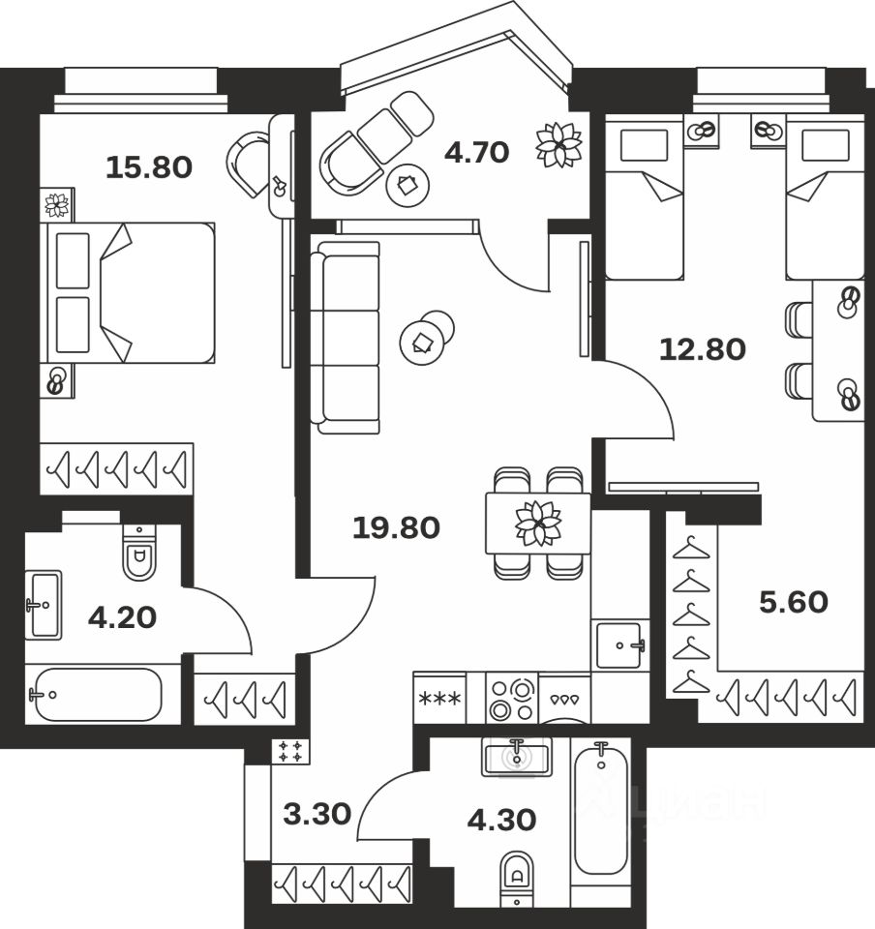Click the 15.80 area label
coord(149,167)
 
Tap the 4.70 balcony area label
coord(476,152)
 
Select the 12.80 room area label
coord(702,349)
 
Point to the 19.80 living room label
coord(396,528)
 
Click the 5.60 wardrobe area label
coord(793,603)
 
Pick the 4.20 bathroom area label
coord(122,617)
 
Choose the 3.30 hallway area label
coord(317,814)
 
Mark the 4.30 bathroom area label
coord(500,820)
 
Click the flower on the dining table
coord(538,523)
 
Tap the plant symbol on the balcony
coord(559,146)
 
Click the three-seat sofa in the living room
coord(346,338)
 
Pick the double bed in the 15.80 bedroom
coord(128,293)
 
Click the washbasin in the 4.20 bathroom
coord(44,605)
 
